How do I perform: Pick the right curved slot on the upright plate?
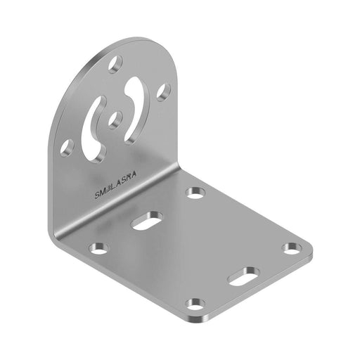(135, 108)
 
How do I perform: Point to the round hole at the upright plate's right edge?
(163, 91)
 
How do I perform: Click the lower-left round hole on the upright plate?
(67, 147)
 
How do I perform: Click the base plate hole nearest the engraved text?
(195, 192)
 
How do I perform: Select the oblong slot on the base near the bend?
(146, 220)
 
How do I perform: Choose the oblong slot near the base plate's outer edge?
(243, 275)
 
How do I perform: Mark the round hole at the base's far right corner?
(292, 247)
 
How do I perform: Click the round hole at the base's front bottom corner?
(195, 304)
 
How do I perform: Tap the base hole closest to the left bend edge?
(99, 248)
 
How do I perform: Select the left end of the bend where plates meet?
(53, 236)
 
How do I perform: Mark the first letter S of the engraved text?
(97, 198)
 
